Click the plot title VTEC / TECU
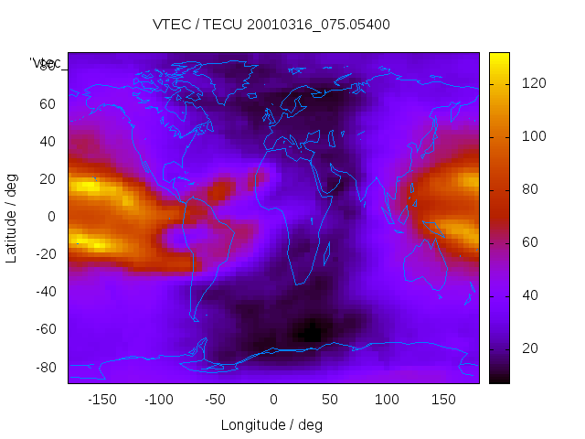[x=271, y=25]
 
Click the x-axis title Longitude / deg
[x=271, y=424]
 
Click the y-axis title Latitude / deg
[x=12, y=217]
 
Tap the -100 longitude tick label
[x=159, y=399]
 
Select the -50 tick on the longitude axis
[x=216, y=399]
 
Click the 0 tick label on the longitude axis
[x=272, y=399]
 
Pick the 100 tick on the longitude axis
[x=387, y=399]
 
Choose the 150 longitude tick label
[x=443, y=399]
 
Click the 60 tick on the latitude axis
[x=47, y=103]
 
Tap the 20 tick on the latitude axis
[x=47, y=179]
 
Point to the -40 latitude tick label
[x=44, y=292]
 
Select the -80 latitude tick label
[x=44, y=367]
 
